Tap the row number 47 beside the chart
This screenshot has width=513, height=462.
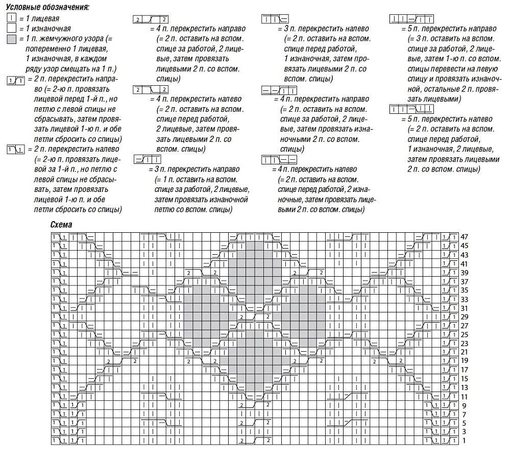465,237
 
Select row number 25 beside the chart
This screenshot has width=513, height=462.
465,334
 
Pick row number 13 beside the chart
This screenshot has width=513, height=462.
465,387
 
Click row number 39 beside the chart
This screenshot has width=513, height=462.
465,273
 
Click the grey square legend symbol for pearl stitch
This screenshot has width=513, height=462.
11,38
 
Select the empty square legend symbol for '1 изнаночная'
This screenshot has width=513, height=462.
11,28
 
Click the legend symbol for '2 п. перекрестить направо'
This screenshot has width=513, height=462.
15,80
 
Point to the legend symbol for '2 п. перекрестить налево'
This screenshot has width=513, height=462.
15,150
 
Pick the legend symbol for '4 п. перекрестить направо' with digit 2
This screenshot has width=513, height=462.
150,19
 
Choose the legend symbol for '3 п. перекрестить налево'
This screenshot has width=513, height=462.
275,19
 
